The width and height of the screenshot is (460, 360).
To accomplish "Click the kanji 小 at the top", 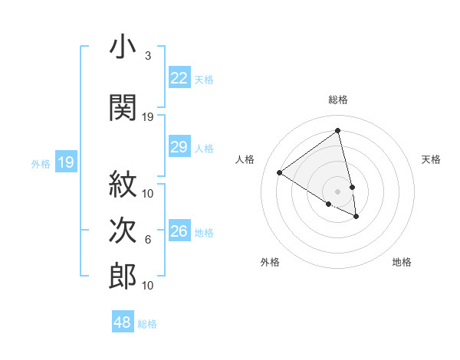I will coord(123,47).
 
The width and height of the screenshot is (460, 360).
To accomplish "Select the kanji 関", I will coord(123,107).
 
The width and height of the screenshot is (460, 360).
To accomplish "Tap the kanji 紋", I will coord(123,183).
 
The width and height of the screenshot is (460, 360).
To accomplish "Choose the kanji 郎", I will coord(123,276).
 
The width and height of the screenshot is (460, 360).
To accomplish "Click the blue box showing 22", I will coord(179,78).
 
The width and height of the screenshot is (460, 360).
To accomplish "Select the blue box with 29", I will coord(179,148).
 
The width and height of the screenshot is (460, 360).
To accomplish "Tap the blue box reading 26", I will coord(179,231).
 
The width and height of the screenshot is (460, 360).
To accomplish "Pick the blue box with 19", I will coord(66,162).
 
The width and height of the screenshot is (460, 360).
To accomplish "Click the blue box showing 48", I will coord(123,322).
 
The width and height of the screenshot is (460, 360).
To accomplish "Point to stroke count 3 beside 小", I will coord(148,56).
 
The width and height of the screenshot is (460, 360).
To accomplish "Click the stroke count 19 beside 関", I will coord(148,117).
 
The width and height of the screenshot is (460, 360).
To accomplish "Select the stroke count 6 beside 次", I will coord(148,240).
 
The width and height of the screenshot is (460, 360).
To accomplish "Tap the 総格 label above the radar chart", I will coord(338,100).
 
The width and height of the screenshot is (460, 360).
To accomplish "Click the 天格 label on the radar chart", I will coord(431,159).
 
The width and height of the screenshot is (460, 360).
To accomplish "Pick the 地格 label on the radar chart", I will coord(402,262).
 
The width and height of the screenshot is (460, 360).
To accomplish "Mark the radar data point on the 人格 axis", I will coord(280,173).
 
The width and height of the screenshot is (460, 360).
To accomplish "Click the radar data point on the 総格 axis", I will coord(338,130).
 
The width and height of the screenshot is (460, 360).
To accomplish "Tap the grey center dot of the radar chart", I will coord(338,191).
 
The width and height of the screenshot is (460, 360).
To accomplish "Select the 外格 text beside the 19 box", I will coord(40,163).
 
